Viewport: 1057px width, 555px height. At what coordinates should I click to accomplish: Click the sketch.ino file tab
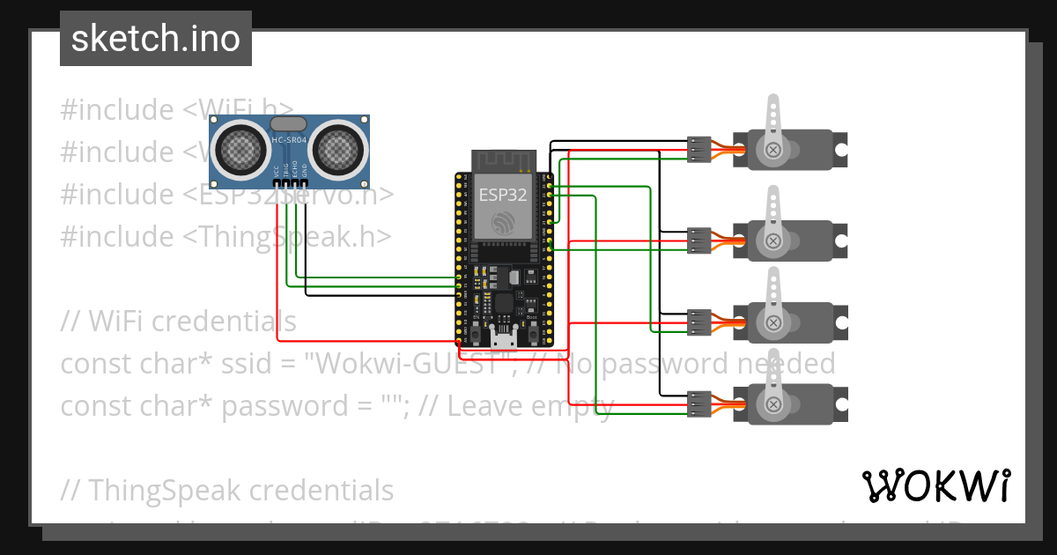[155, 39]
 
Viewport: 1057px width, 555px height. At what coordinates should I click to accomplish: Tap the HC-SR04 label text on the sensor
[289, 140]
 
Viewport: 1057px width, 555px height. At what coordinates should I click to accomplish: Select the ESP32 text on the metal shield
[503, 194]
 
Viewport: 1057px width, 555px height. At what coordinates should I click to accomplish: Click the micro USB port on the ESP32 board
[505, 339]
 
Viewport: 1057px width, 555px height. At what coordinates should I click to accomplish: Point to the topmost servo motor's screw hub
[773, 150]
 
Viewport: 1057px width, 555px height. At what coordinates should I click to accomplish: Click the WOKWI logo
[935, 485]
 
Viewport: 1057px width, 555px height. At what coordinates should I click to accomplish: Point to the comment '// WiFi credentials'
[178, 321]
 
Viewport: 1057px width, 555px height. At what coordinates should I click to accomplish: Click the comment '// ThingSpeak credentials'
[227, 490]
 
